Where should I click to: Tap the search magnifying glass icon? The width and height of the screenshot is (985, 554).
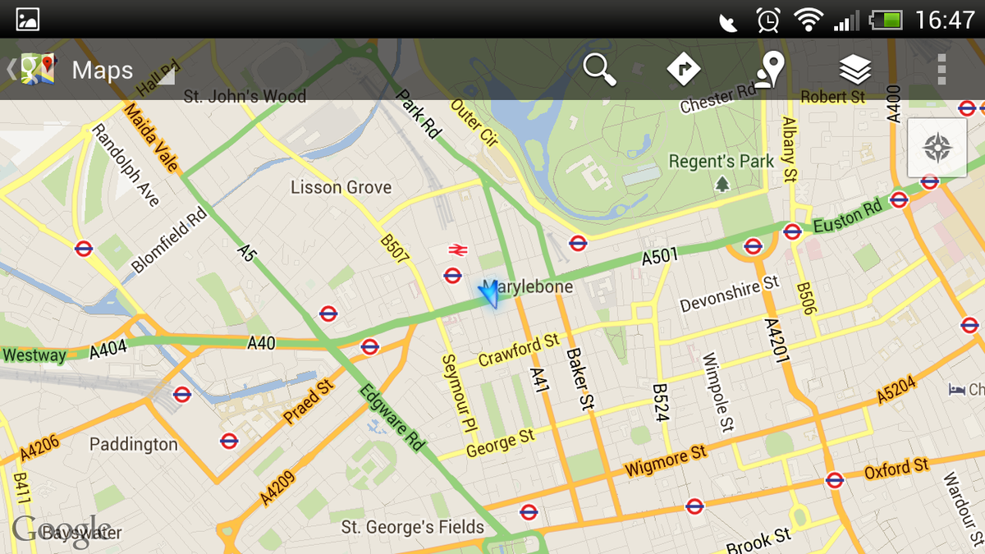(600, 69)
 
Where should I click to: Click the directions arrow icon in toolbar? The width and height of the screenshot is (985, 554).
(683, 69)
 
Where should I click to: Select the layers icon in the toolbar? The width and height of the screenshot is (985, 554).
(855, 69)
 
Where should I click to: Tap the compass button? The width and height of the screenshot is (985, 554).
(937, 148)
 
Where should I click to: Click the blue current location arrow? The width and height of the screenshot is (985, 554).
(490, 293)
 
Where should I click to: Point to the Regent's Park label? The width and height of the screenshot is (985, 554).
(722, 162)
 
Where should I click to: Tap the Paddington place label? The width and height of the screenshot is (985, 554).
(133, 445)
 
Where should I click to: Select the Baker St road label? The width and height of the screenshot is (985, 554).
(580, 379)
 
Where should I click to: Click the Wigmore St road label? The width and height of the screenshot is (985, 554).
(665, 461)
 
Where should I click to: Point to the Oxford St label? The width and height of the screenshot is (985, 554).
(896, 469)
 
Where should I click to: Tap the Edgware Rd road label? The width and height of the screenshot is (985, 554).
(392, 416)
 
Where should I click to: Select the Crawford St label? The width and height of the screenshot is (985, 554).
(519, 350)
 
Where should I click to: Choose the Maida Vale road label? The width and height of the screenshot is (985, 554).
(150, 137)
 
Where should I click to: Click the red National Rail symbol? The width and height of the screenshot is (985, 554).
(457, 250)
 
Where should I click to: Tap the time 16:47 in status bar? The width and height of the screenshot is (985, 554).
(945, 19)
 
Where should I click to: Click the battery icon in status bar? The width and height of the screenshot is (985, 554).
(886, 19)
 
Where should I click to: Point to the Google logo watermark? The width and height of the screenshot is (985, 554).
(62, 530)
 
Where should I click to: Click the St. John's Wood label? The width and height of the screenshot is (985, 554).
(245, 97)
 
